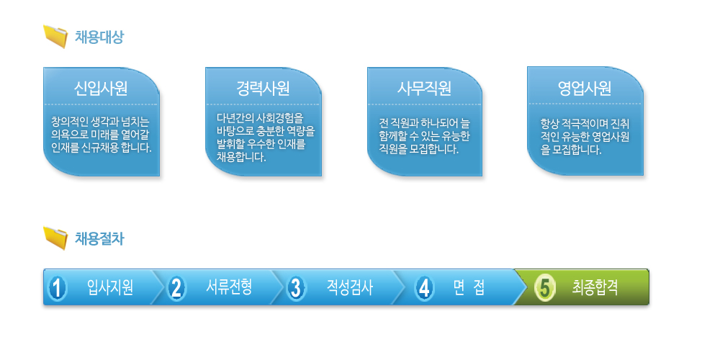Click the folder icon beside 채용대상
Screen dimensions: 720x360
pos(55,36)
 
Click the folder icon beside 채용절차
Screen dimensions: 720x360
pos(55,238)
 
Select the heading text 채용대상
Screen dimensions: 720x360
pos(99,37)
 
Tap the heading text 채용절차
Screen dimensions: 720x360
pos(99,239)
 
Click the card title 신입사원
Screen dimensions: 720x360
pos(101,88)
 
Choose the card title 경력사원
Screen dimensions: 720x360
pos(263,88)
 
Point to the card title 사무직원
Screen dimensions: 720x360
pos(424,88)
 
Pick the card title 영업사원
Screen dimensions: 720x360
pos(585,88)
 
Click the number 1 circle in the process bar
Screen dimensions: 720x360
pos(58,289)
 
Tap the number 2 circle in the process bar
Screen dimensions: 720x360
pos(176,289)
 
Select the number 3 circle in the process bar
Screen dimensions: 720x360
pos(296,289)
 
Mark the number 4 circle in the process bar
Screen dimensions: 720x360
pos(424,289)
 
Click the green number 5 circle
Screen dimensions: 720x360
pos(545,289)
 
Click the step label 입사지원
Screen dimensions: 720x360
pos(110,288)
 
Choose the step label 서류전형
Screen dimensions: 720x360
pos(229,288)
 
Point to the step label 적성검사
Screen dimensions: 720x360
pos(349,288)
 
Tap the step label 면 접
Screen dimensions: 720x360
pos(469,288)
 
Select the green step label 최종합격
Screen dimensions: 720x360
pos(595,288)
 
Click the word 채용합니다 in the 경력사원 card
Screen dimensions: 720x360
pos(241,157)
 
